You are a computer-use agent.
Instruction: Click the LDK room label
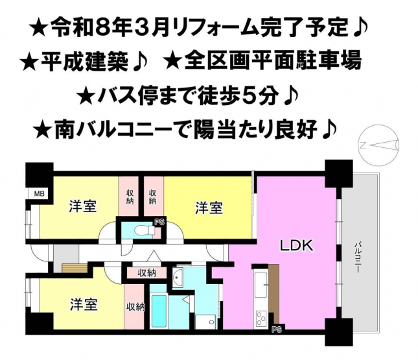coord(296,246)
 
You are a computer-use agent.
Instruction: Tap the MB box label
coord(38,193)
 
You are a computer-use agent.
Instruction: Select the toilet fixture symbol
coord(145,230)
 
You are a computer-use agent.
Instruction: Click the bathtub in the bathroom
coord(159,311)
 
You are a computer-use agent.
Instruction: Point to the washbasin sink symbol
coord(178,278)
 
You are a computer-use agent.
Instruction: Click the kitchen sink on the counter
coord(261,284)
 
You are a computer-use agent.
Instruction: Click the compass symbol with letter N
coord(378,146)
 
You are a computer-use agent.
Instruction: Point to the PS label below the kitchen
coord(277,330)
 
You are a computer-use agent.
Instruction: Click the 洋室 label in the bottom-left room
coord(83,304)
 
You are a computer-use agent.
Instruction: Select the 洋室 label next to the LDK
coord(209,208)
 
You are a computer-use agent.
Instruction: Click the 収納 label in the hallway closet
coord(147,272)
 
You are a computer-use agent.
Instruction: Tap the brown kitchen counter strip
coord(274,293)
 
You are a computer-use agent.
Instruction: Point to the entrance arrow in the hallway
coord(154,256)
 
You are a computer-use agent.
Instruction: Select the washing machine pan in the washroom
coord(205,322)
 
